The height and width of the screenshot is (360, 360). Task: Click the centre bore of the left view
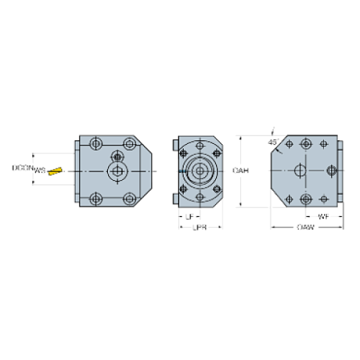coord(115,170)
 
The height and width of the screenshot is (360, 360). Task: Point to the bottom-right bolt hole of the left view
coord(130,198)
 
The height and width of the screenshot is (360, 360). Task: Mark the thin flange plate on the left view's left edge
coord(77,170)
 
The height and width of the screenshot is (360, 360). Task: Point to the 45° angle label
coord(274,140)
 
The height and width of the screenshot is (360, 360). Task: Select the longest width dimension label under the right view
coord(306,228)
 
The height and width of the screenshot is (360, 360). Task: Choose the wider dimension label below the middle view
coord(198,228)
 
